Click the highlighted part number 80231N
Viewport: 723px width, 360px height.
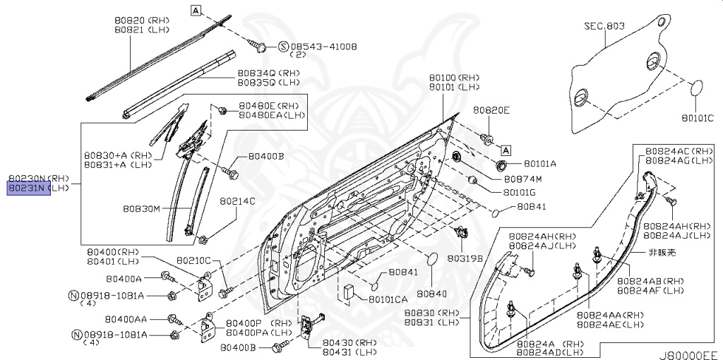pos(28,189)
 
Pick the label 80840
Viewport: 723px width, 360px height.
pos(431,293)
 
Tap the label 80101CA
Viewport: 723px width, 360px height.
pos(388,299)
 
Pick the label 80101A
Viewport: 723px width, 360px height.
pos(541,164)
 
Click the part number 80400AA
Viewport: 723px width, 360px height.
pos(127,319)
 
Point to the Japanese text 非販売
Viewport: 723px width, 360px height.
pos(662,252)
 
